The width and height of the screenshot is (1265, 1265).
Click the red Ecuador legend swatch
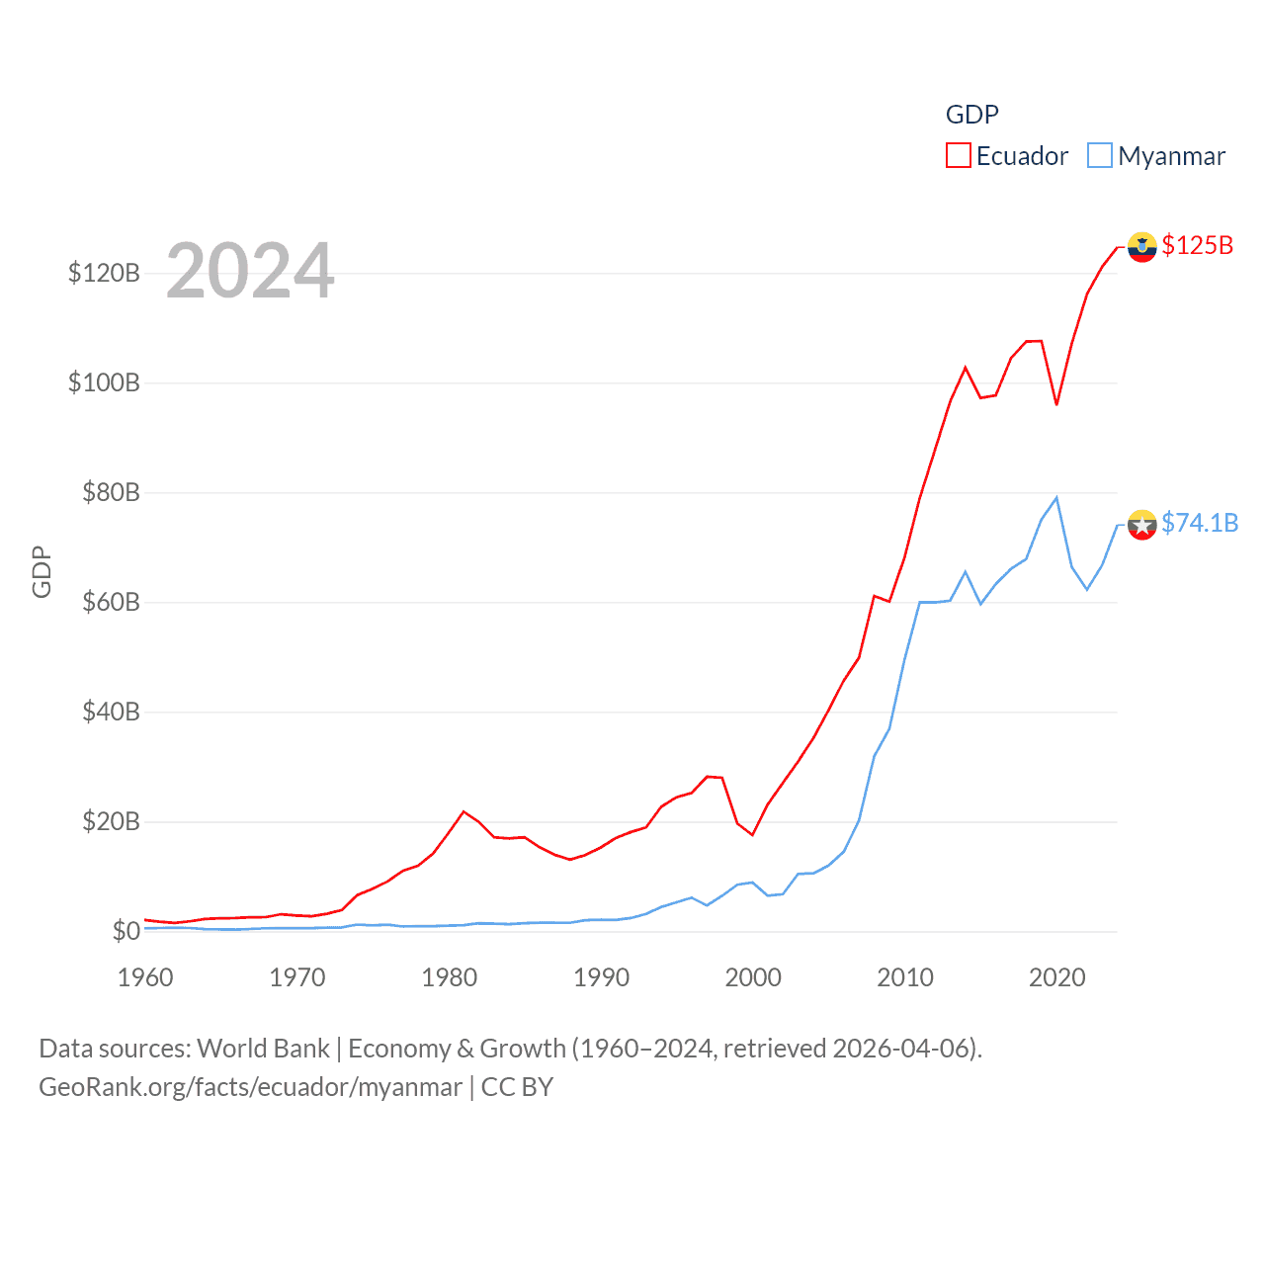click(958, 156)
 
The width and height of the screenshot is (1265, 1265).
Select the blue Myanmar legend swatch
click(1099, 156)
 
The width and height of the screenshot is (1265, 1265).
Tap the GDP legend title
click(971, 115)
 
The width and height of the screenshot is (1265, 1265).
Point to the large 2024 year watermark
click(250, 271)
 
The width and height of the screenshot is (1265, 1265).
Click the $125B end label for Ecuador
click(1197, 245)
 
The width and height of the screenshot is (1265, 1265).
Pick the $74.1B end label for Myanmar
click(1199, 523)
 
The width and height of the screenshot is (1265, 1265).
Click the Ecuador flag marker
click(1141, 247)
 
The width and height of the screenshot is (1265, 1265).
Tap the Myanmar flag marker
click(1141, 525)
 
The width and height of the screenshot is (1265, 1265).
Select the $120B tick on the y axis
click(104, 273)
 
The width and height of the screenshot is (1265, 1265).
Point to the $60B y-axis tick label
click(111, 602)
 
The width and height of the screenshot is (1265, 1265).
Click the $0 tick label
click(126, 931)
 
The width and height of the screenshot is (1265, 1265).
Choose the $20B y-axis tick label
click(111, 821)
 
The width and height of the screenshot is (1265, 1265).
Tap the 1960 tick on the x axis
click(145, 977)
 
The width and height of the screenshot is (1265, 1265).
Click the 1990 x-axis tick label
click(601, 977)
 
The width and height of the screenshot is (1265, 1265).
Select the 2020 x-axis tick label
click(1056, 977)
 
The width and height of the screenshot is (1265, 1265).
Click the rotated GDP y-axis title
click(42, 571)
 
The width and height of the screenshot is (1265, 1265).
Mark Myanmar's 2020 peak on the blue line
click(1056, 497)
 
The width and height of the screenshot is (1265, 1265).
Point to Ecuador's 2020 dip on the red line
click(1056, 404)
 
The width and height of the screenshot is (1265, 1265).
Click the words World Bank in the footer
click(263, 1048)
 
